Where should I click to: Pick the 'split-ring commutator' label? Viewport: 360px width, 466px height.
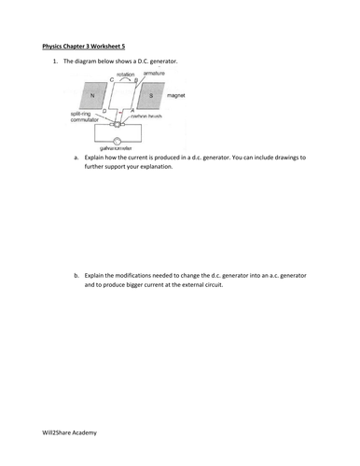coord(84,116)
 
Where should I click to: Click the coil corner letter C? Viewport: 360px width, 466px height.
coord(111,80)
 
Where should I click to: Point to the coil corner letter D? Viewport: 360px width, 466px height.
coord(104,110)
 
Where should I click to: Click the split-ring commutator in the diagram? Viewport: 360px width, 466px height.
coord(117,123)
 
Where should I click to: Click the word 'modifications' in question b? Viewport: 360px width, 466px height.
coord(142,276)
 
